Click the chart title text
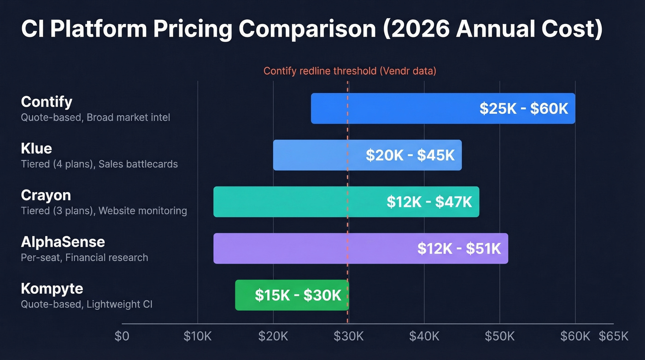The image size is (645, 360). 311,30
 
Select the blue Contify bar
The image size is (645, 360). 392,108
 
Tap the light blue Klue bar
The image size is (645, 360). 318,155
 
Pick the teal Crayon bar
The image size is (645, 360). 295,202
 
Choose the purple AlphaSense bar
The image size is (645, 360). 313,248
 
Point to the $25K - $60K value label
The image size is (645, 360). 524,108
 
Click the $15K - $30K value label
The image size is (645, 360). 298,295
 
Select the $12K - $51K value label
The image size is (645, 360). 459,248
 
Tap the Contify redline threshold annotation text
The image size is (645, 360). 350,71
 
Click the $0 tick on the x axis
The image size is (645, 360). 122,336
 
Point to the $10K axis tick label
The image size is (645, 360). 198,336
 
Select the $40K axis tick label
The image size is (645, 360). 424,336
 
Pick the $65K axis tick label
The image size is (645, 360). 613,336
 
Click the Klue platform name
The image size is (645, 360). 36,148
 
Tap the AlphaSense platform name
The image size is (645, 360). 63,242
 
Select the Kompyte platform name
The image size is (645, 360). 52,289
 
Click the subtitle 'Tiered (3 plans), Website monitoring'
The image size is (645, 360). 104,211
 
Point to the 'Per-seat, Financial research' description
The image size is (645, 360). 85,258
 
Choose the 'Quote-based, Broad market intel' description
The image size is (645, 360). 95,118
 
